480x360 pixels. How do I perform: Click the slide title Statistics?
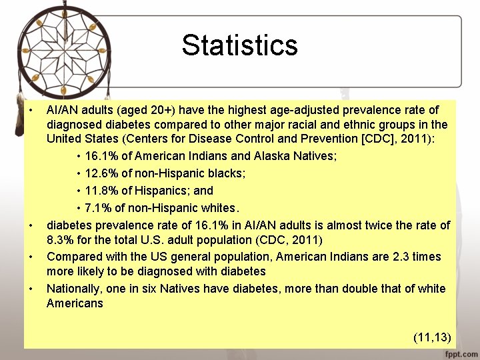(239, 45)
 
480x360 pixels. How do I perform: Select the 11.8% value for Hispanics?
(101, 191)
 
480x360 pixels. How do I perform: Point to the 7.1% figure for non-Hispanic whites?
(98, 208)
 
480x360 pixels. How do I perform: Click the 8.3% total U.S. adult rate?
(61, 240)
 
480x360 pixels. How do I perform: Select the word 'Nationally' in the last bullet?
(74, 289)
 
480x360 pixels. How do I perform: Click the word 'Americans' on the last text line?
(75, 304)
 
